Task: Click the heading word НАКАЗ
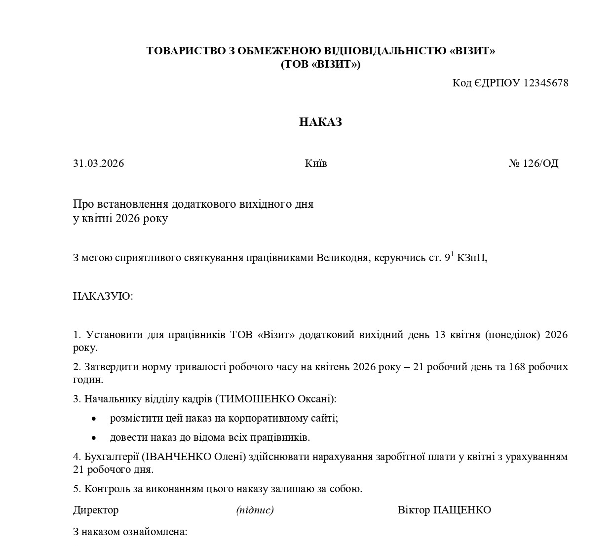[x=320, y=122]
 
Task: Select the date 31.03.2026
[x=99, y=163]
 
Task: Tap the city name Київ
[x=316, y=163]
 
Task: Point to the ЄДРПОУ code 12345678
[x=545, y=83]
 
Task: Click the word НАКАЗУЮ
[x=103, y=296]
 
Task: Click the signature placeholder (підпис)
[x=255, y=510]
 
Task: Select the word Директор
[x=96, y=510]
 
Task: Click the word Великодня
[x=343, y=258]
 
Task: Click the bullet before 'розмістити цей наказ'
[x=94, y=419]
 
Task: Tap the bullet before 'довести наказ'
[x=94, y=438]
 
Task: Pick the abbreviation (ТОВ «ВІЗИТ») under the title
[x=320, y=65]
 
